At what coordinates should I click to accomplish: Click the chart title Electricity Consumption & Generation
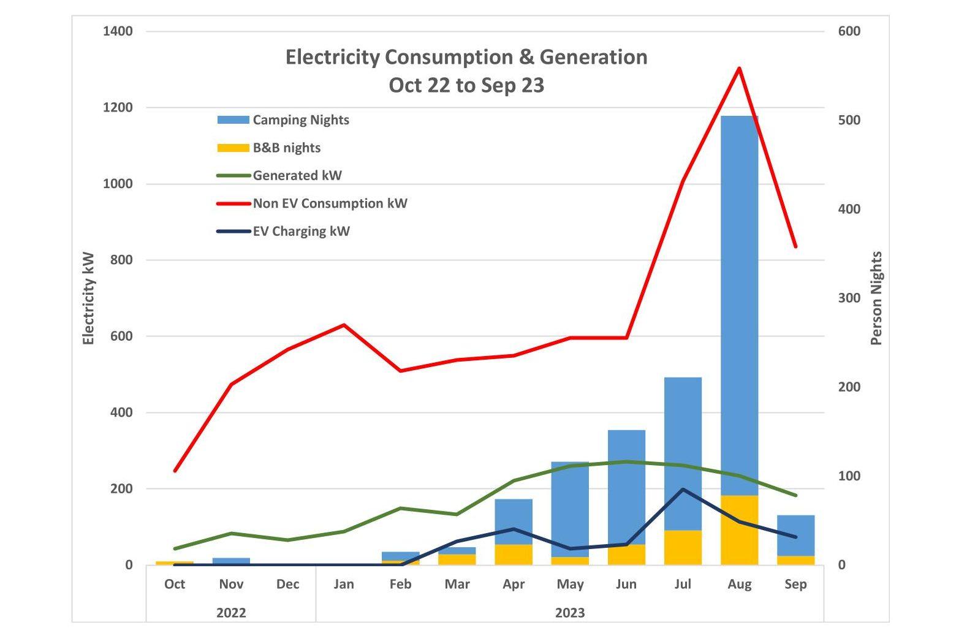pyautogui.click(x=466, y=58)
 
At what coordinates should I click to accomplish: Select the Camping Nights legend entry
pyautogui.click(x=300, y=120)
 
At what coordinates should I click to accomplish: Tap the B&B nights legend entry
pyautogui.click(x=286, y=148)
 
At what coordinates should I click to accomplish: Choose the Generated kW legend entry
pyautogui.click(x=297, y=176)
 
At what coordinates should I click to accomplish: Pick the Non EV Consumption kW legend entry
pyautogui.click(x=330, y=203)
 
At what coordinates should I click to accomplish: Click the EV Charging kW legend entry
pyautogui.click(x=301, y=232)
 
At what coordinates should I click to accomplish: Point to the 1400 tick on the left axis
pyautogui.click(x=118, y=31)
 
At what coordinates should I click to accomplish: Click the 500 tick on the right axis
pyautogui.click(x=849, y=120)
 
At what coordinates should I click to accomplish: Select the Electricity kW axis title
pyautogui.click(x=89, y=298)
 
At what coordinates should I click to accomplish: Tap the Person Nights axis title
pyautogui.click(x=877, y=298)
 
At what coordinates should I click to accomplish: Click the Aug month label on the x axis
pyautogui.click(x=739, y=585)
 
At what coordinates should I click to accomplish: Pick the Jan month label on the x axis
pyautogui.click(x=344, y=585)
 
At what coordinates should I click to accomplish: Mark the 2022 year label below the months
pyautogui.click(x=231, y=613)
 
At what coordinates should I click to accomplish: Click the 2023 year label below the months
pyautogui.click(x=570, y=613)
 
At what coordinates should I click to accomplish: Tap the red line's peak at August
pyautogui.click(x=740, y=68)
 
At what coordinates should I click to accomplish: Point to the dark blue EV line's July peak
pyautogui.click(x=683, y=489)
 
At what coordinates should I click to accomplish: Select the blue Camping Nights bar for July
pyautogui.click(x=683, y=453)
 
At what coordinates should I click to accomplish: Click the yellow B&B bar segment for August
pyautogui.click(x=740, y=530)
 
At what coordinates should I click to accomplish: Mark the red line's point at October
pyautogui.click(x=175, y=471)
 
